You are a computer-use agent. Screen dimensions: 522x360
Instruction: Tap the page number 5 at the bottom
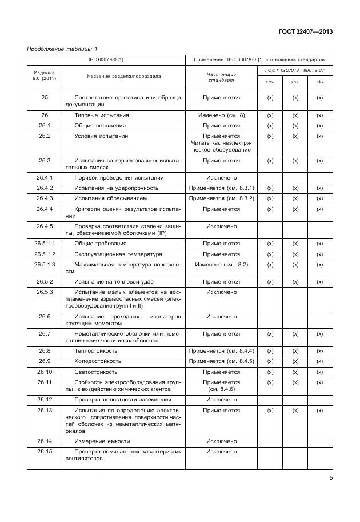[x=330, y=479]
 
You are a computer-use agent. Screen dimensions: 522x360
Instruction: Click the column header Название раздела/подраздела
[x=124, y=76]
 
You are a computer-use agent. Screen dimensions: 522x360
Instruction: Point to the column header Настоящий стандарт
[x=221, y=77]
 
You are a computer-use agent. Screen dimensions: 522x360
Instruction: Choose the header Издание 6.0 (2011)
[x=45, y=75]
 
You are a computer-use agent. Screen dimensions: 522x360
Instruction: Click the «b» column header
[x=295, y=82]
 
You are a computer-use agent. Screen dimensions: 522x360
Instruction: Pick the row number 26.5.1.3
[x=45, y=264]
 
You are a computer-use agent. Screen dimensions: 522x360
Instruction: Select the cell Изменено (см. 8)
[x=221, y=115]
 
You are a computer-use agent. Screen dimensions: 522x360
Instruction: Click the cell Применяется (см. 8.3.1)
[x=221, y=188]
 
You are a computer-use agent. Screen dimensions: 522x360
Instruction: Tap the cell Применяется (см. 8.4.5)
[x=221, y=361]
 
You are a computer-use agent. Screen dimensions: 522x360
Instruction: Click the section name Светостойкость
[x=97, y=372]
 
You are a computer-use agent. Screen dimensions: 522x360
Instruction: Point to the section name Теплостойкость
[x=96, y=351]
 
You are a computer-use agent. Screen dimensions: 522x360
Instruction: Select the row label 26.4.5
[x=45, y=226]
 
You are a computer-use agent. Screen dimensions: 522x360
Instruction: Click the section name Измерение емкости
[x=102, y=441]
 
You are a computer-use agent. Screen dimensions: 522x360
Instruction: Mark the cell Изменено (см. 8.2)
[x=221, y=264]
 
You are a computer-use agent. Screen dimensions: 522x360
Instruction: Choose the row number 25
[x=45, y=98]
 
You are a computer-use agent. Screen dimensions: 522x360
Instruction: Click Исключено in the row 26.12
[x=221, y=399]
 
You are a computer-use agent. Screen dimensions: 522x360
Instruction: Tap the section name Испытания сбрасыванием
[x=111, y=198]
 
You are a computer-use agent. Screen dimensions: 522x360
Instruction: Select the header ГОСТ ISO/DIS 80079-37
[x=295, y=70]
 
